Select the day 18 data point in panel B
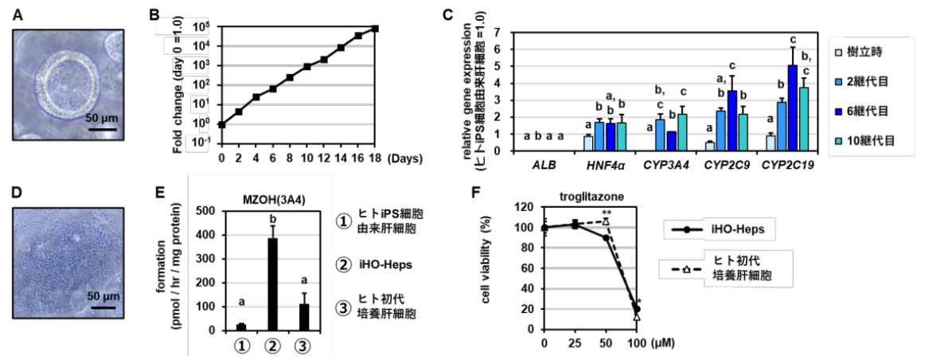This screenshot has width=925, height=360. [375, 29]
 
